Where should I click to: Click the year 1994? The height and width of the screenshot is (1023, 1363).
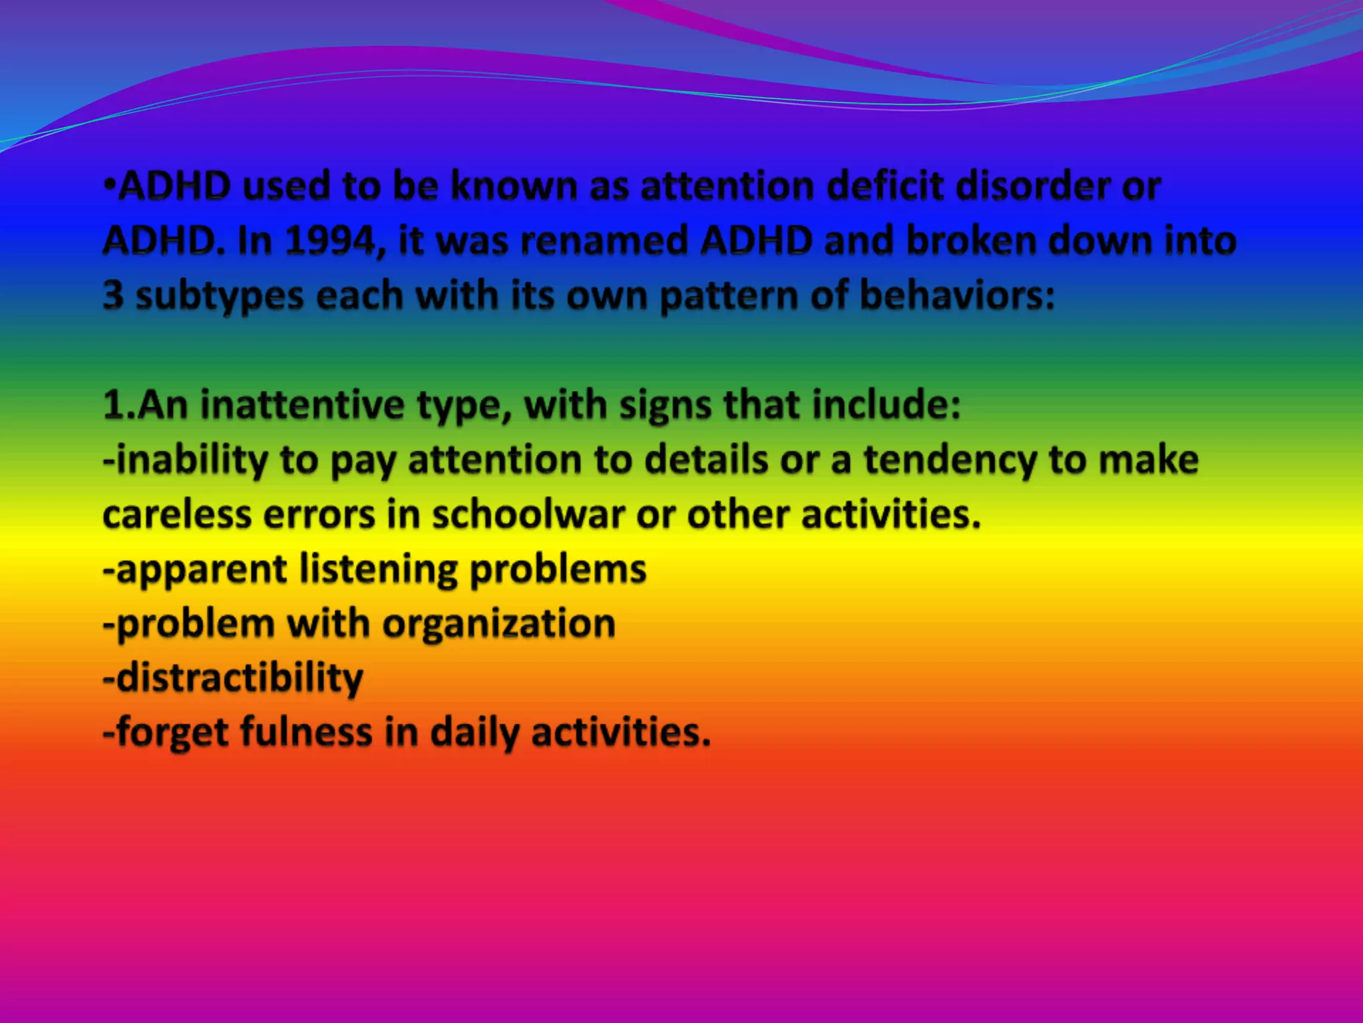(331, 240)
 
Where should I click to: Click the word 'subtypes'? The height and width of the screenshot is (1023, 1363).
(220, 296)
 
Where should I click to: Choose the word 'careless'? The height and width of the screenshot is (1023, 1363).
(176, 515)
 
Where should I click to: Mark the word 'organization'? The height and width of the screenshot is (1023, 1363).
(498, 625)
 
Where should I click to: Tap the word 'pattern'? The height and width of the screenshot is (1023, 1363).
(728, 296)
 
